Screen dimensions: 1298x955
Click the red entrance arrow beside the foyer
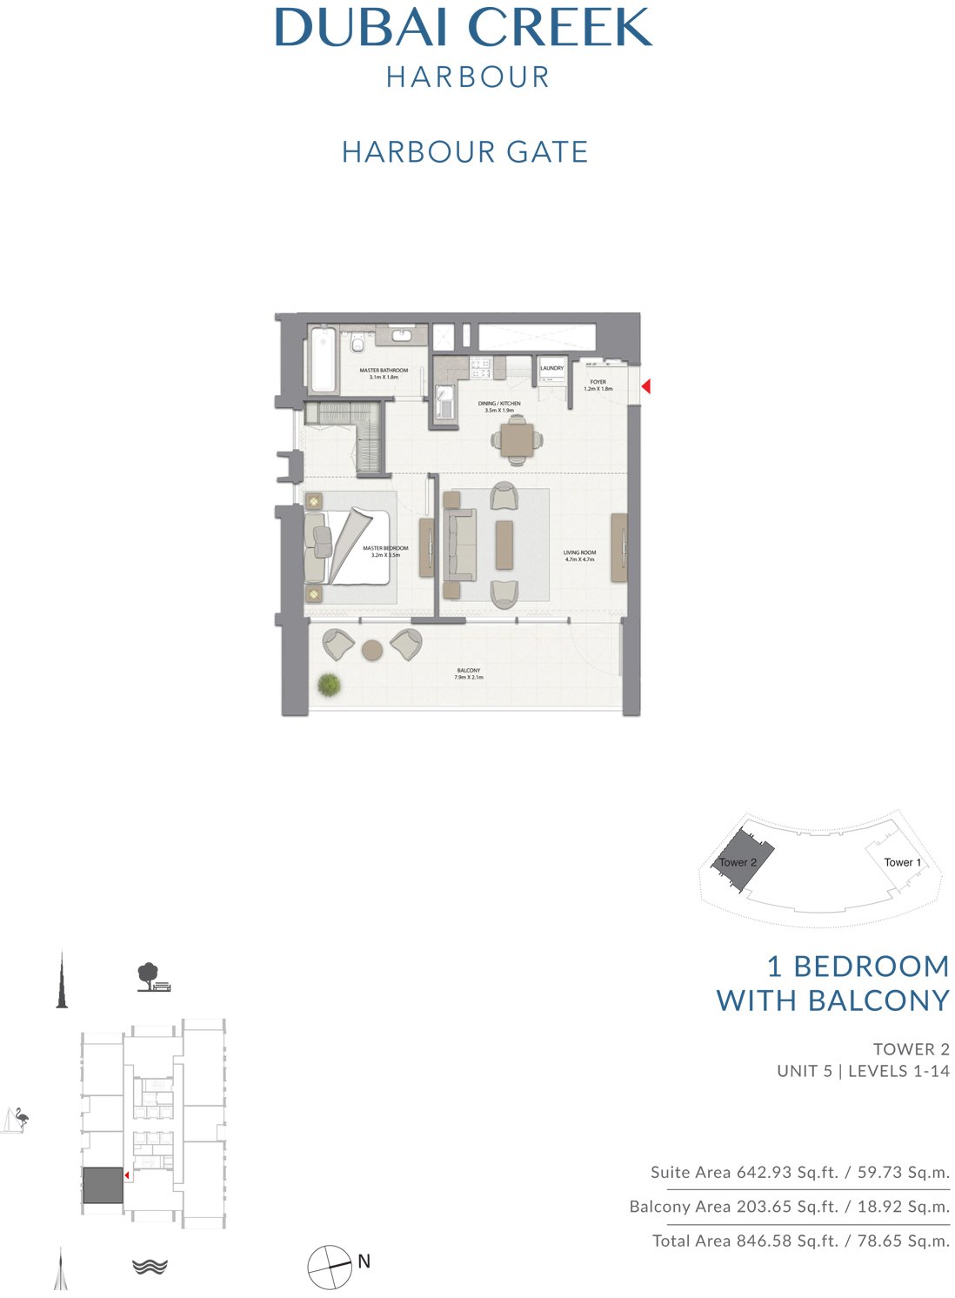coord(645,386)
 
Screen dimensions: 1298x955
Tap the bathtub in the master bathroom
coord(322,359)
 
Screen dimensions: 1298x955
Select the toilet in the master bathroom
coord(356,346)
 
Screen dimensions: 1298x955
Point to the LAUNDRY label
coord(551,368)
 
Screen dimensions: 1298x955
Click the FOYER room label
coord(598,382)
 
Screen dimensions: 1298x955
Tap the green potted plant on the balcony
coord(329,686)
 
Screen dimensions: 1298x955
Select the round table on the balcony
coord(372,650)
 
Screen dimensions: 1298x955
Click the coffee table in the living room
coord(504,545)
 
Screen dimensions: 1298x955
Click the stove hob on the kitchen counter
coord(480,367)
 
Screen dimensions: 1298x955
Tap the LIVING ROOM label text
coord(579,553)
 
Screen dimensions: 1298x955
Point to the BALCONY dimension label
coord(468,673)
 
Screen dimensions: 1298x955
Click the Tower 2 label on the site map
coord(738,862)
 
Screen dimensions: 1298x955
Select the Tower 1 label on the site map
coord(902,862)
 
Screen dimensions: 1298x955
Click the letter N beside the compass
coord(364,1261)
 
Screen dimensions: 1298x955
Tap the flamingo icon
coord(16,1120)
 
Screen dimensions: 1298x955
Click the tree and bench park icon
coord(152,977)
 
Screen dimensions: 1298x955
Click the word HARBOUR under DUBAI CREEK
coord(468,77)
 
